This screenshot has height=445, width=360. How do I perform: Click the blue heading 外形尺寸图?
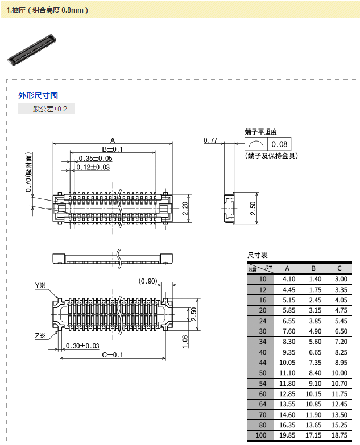pyautogui.click(x=38, y=95)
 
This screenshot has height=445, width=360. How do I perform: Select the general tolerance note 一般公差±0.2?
pyautogui.click(x=47, y=109)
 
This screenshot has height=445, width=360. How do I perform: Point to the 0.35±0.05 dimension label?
pyautogui.click(x=95, y=158)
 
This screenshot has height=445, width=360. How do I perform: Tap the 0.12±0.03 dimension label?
pyautogui.click(x=93, y=167)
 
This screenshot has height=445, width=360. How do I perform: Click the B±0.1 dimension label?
pyautogui.click(x=113, y=149)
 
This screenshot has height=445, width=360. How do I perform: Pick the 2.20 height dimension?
pyautogui.click(x=184, y=209)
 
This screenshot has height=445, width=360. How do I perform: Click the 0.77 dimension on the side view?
pyautogui.click(x=210, y=140)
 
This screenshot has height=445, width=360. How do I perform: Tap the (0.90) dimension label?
pyautogui.click(x=148, y=281)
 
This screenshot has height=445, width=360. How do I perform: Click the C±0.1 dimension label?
pyautogui.click(x=113, y=355)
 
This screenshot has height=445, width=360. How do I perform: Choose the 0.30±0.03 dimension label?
pyautogui.click(x=82, y=346)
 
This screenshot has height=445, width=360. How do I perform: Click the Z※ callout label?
pyautogui.click(x=40, y=335)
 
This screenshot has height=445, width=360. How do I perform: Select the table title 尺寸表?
pyautogui.click(x=258, y=255)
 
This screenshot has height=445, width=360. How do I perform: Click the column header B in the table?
pyautogui.click(x=313, y=268)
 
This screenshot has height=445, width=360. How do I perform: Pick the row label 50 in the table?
pyautogui.click(x=262, y=372)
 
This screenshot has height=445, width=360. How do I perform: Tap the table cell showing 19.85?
pyautogui.click(x=288, y=435)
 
